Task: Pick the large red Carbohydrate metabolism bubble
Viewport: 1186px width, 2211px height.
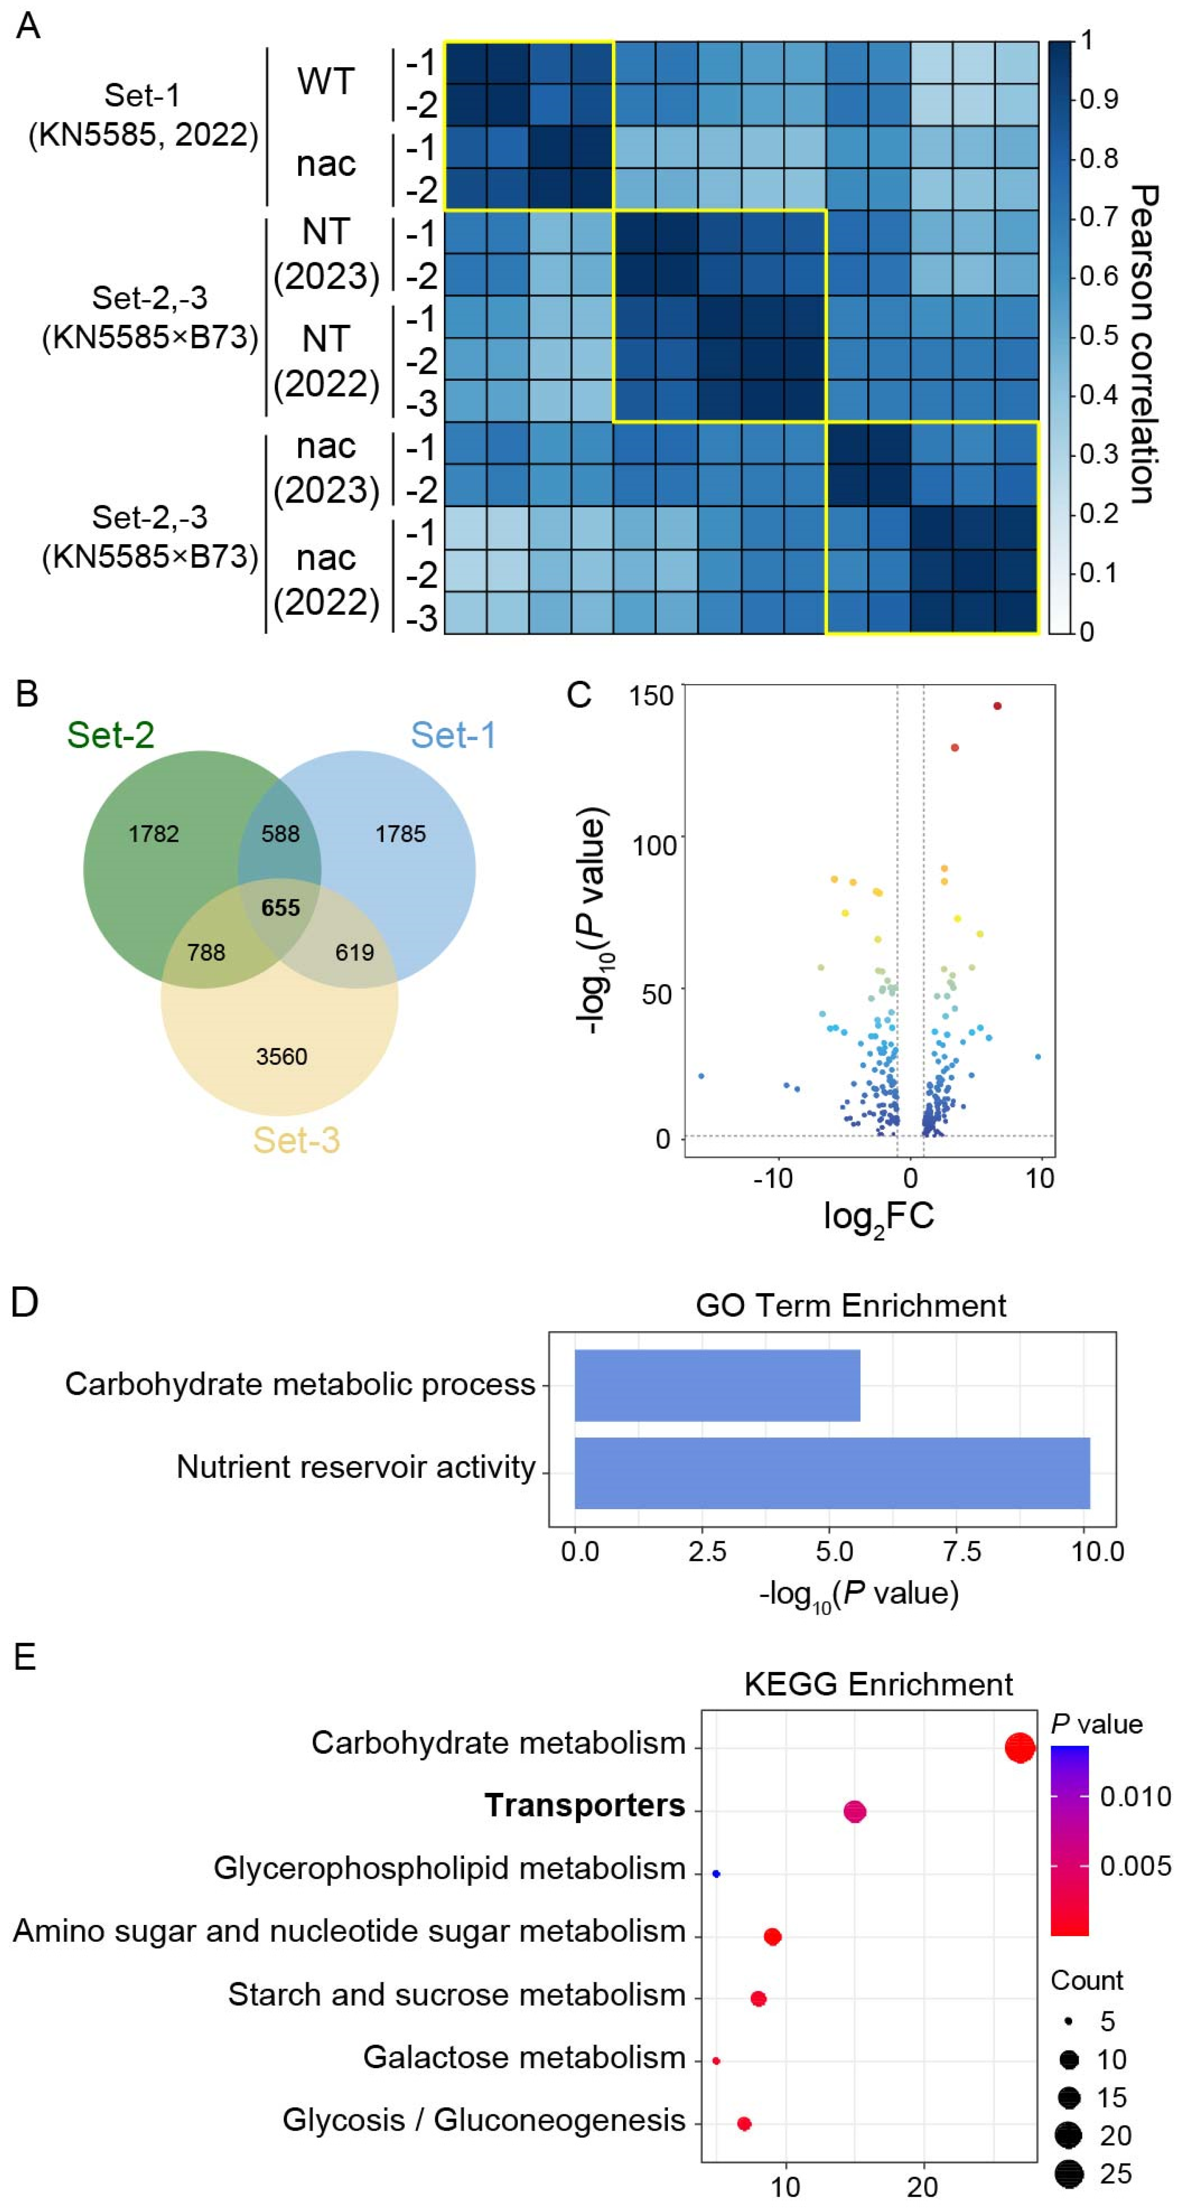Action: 1019,1748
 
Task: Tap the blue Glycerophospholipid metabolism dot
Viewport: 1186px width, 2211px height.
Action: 716,1874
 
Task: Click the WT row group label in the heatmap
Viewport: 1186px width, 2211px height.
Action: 326,82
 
